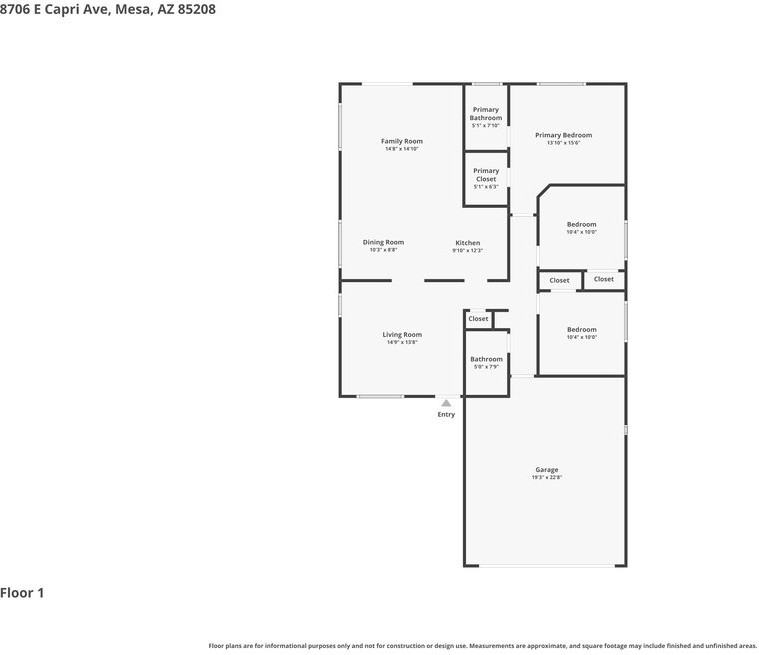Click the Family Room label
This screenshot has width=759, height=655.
click(x=401, y=141)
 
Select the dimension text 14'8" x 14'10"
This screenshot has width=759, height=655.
click(x=401, y=149)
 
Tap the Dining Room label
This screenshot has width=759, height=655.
click(x=383, y=242)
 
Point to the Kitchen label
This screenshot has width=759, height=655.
click(x=467, y=243)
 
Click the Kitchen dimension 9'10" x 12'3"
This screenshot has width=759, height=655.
click(x=467, y=251)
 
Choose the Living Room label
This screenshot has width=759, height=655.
click(x=402, y=335)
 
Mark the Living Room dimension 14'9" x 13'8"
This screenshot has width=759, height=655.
click(x=402, y=342)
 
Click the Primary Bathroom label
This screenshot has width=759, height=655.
click(x=486, y=114)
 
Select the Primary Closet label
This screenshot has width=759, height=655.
click(x=486, y=175)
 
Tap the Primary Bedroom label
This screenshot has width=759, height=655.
click(x=563, y=135)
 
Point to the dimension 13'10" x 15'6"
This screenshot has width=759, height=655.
click(x=563, y=143)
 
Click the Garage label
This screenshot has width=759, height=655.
click(x=546, y=470)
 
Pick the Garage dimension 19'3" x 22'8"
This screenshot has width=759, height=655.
click(x=546, y=478)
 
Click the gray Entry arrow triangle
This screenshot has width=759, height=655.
click(x=446, y=403)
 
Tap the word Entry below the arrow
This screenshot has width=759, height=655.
click(x=446, y=414)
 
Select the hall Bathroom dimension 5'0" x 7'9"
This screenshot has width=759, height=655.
click(x=486, y=367)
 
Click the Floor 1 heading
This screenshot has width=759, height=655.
click(x=22, y=593)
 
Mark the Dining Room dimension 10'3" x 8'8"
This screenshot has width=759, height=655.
click(x=383, y=250)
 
